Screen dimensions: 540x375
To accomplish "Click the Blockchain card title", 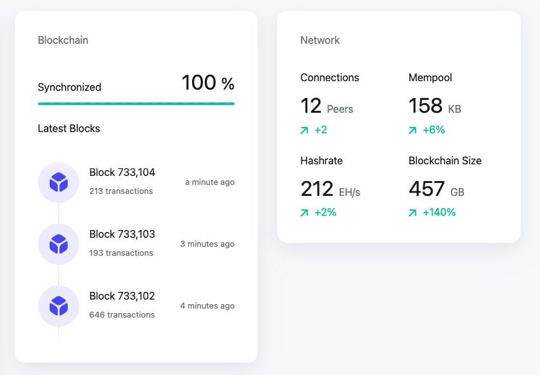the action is pos(63,41).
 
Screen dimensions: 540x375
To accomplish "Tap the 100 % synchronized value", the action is pos(208,83).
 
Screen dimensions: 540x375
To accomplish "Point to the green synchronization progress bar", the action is pos(136,104).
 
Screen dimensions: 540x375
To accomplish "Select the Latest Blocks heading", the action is pos(69,128).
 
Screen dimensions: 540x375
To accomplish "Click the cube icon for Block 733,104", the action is pos(59,182).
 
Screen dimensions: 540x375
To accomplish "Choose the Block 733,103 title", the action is pos(122,234).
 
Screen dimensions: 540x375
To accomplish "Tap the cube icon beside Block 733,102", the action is pos(59,306).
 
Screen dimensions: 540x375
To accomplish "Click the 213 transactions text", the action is pos(121,191).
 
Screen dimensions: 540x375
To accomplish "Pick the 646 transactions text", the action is pos(122,314).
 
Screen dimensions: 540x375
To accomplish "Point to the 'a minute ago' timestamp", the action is pos(209,182).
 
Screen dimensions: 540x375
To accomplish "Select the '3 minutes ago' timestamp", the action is pos(207,244).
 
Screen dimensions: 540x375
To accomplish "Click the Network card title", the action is pos(320,41).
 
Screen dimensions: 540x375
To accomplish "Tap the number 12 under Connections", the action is pos(311,106).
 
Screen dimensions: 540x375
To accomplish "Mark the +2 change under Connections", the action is pos(321,130).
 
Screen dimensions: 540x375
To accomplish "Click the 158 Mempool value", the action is pos(426,106).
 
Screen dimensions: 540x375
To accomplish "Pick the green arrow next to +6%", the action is pos(412,130).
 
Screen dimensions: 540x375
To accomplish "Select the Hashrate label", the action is pos(322,161).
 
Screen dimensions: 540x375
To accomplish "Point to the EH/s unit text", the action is pos(349,192).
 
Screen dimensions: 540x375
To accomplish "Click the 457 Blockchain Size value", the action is pos(427,189).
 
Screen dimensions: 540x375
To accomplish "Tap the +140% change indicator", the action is pos(439,213).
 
